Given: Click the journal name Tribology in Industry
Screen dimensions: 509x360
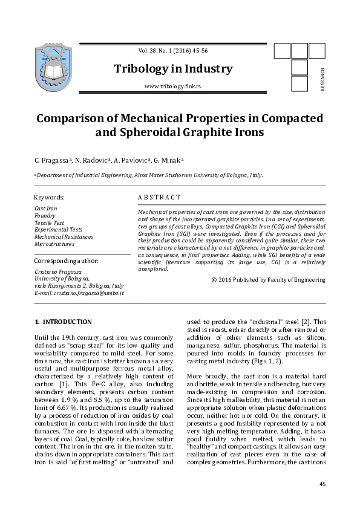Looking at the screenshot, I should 173,69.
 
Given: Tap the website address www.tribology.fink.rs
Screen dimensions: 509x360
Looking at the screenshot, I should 173,87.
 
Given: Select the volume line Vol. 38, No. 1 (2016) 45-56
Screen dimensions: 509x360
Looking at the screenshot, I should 173,52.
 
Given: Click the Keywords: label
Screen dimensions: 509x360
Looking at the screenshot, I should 50,197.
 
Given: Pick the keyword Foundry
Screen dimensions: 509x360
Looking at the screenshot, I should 45,215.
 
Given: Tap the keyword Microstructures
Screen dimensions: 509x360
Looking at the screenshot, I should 55,244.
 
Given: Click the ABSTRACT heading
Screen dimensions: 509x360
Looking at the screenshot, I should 160,197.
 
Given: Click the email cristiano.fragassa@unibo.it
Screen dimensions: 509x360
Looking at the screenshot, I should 79,293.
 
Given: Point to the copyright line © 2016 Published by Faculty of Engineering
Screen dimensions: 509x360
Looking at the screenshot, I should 268,280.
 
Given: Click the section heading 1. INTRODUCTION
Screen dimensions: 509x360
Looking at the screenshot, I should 64,322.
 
